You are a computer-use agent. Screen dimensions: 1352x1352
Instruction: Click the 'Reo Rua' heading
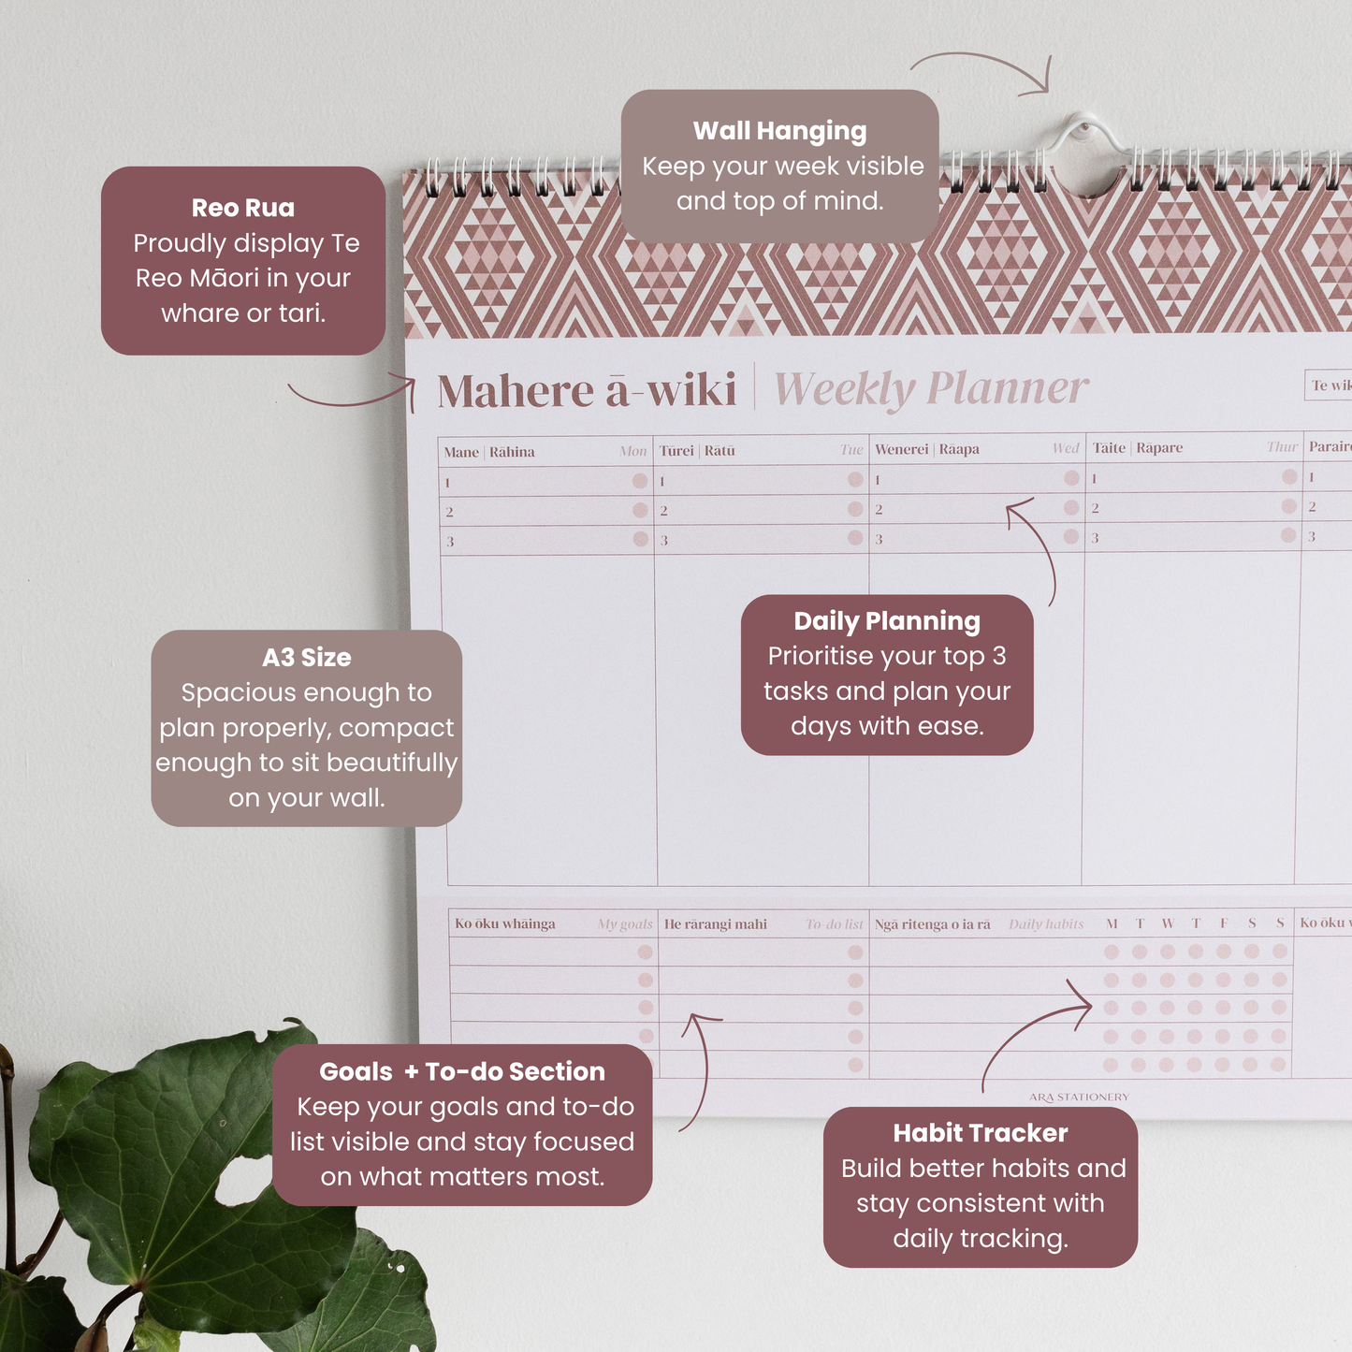click(x=243, y=208)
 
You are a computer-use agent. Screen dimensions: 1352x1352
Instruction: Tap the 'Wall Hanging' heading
click(x=779, y=131)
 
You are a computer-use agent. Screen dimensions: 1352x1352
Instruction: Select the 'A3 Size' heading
click(x=307, y=658)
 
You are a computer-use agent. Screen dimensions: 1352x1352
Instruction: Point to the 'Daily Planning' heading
click(x=887, y=621)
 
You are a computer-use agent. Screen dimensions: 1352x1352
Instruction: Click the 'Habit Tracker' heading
click(x=980, y=1133)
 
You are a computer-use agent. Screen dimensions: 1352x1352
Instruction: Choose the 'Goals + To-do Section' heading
click(x=462, y=1071)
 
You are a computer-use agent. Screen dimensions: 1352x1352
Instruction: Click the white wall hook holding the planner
click(x=1083, y=131)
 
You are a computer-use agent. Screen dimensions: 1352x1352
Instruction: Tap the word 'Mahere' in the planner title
click(x=516, y=391)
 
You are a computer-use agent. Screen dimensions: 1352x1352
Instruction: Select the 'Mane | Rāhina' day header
click(x=489, y=452)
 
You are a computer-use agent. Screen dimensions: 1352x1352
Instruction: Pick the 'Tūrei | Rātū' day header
click(x=697, y=451)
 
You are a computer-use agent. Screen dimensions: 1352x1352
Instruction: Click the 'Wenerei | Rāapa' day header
click(x=926, y=449)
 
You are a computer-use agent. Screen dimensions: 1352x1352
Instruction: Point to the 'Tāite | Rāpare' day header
click(x=1137, y=448)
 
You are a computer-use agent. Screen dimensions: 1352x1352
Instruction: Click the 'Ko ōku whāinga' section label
click(x=505, y=924)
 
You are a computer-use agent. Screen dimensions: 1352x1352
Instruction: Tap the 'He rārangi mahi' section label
click(x=716, y=924)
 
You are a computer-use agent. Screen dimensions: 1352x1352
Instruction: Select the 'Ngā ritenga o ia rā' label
click(x=932, y=924)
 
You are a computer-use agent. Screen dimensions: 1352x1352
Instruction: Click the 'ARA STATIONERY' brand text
click(x=1079, y=1097)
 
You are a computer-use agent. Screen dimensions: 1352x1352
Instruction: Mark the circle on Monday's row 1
click(x=640, y=481)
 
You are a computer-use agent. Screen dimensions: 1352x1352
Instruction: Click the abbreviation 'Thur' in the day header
click(x=1282, y=447)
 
